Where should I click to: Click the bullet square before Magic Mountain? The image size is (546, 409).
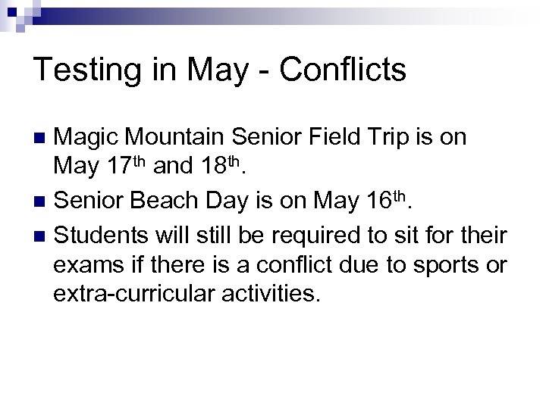pos(42,139)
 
